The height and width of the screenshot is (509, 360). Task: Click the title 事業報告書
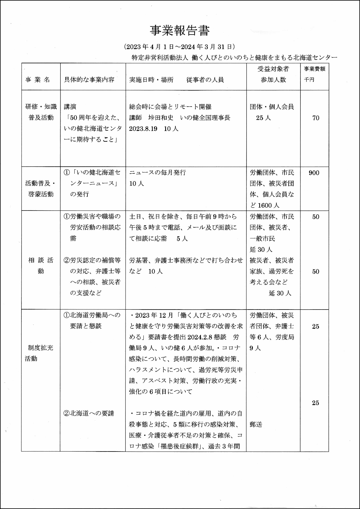180,30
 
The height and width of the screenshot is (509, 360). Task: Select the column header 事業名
38,80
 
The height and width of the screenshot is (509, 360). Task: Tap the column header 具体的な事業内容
89,80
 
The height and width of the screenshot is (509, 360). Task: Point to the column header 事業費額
314,69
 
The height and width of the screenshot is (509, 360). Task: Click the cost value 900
314,173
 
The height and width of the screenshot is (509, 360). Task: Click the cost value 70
316,118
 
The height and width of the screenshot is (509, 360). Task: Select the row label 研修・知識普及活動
41,112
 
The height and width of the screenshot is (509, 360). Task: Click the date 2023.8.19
143,129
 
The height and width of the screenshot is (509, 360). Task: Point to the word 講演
70,107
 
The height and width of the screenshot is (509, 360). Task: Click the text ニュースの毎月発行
157,172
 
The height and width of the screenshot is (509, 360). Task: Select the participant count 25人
263,118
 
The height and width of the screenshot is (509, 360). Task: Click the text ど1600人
264,206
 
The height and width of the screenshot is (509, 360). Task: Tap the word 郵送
256,424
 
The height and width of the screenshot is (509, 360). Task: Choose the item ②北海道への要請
89,413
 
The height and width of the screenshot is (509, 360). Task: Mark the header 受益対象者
273,69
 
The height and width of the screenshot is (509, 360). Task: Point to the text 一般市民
262,239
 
